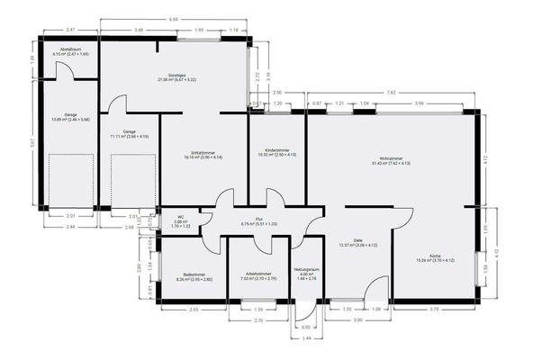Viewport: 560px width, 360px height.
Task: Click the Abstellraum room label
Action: point(70,49)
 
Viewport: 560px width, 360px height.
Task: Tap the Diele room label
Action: point(357,239)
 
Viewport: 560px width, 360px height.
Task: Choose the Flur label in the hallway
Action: point(258,219)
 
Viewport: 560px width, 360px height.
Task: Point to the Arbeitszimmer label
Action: point(258,274)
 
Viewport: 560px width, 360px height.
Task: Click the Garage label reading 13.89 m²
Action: point(69,115)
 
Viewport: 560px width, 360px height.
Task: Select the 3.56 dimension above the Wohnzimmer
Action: point(420,104)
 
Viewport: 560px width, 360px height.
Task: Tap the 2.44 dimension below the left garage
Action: point(70,228)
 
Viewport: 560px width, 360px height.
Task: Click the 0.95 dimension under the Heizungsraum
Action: point(305,327)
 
